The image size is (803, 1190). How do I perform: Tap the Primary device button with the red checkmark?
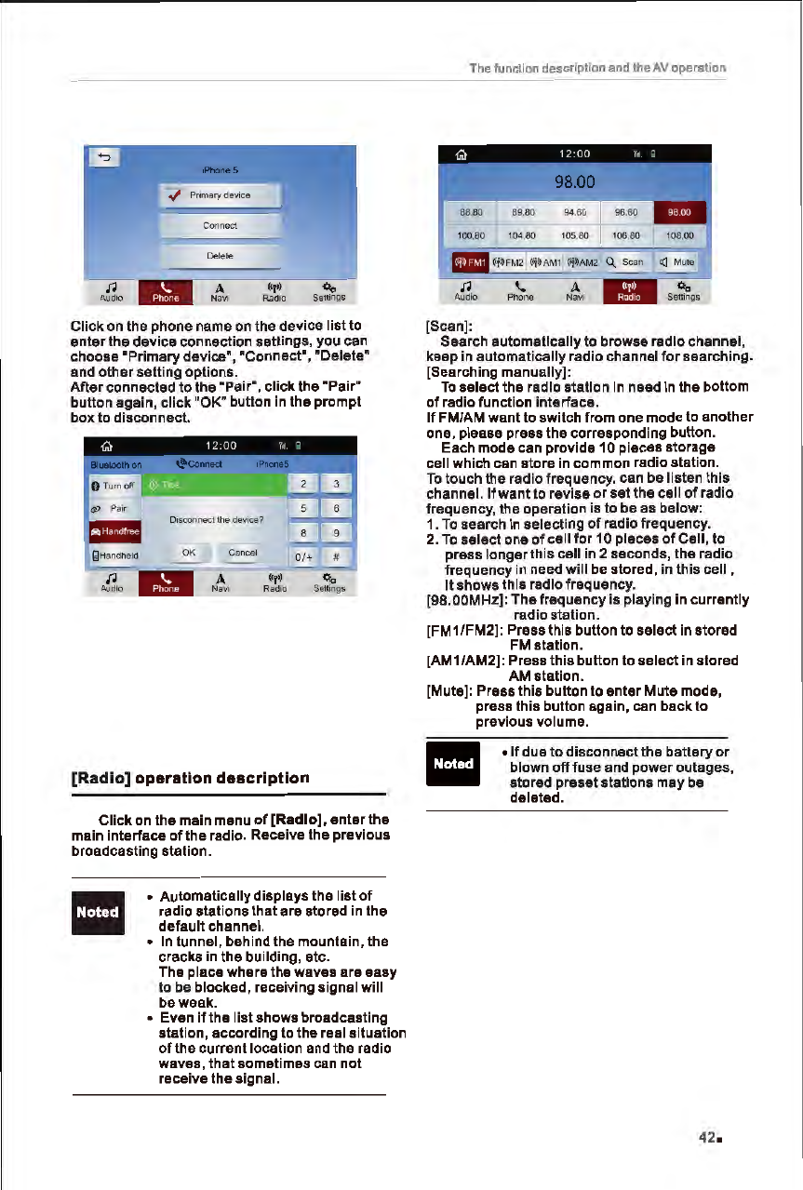pos(221,195)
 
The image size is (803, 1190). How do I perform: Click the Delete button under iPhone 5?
pos(221,256)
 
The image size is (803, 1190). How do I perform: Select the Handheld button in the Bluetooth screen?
pos(111,556)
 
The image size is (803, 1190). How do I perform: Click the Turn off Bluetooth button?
pos(111,487)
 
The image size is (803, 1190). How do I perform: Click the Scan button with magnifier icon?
pos(627,262)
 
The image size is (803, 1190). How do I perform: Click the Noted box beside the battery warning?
pos(452,764)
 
